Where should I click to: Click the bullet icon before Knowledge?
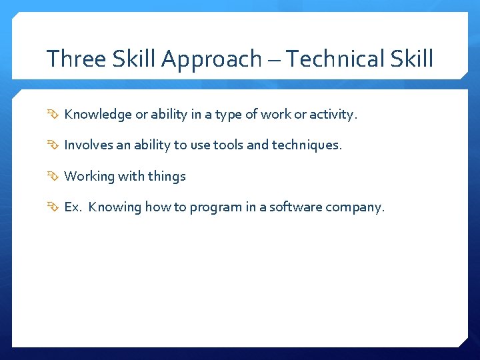pyautogui.click(x=53, y=115)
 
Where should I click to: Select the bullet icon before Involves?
pyautogui.click(x=53, y=145)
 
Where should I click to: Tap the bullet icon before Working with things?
pyautogui.click(x=53, y=177)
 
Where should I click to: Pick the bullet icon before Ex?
pyautogui.click(x=53, y=207)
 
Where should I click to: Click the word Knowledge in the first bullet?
pyautogui.click(x=98, y=115)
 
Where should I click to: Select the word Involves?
pyautogui.click(x=89, y=145)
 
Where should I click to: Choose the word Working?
pyautogui.click(x=89, y=177)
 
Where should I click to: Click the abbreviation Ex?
pyautogui.click(x=73, y=207)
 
